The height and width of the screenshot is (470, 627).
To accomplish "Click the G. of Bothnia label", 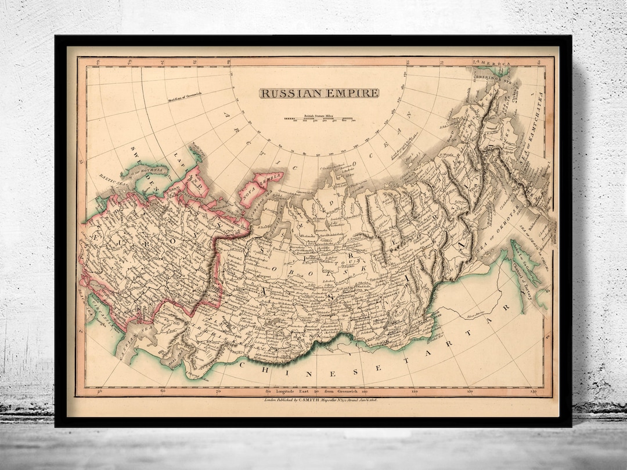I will coord(152,168).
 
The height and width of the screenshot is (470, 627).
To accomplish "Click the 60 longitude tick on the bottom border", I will coord(163,392).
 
